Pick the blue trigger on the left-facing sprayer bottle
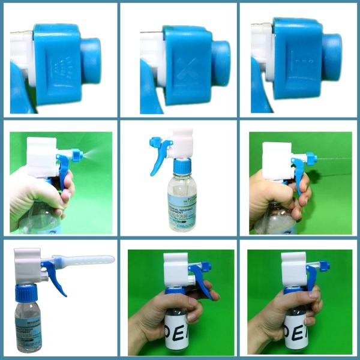[x=157, y=158]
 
